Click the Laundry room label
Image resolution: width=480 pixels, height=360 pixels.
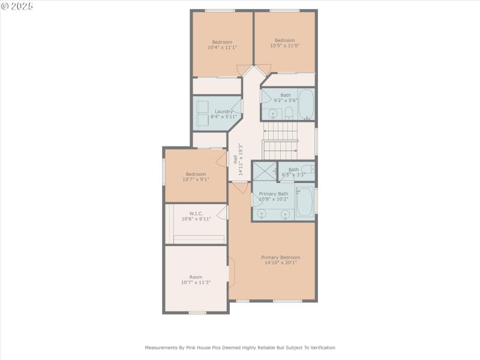point(224,111)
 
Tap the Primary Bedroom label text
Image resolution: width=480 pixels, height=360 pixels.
point(280,257)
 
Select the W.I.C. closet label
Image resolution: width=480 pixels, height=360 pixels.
point(196,213)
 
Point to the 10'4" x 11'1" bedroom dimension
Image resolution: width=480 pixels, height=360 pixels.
point(222,47)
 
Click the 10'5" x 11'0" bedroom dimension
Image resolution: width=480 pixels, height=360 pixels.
point(284,46)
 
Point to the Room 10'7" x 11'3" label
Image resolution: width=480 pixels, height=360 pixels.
point(196,280)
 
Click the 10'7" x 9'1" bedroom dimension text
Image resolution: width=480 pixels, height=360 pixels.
point(196,179)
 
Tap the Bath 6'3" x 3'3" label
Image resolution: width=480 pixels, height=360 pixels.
point(293,172)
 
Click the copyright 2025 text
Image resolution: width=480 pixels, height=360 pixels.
point(17,6)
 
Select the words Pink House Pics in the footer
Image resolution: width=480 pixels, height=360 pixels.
point(229,347)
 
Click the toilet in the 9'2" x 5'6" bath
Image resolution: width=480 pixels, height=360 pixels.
point(289,112)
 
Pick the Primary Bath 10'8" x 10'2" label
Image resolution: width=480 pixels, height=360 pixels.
point(274,197)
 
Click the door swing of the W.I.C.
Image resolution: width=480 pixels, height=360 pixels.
point(223,212)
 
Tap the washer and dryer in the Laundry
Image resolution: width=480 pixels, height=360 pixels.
point(202,114)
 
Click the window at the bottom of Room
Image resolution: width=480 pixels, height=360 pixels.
point(197,312)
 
